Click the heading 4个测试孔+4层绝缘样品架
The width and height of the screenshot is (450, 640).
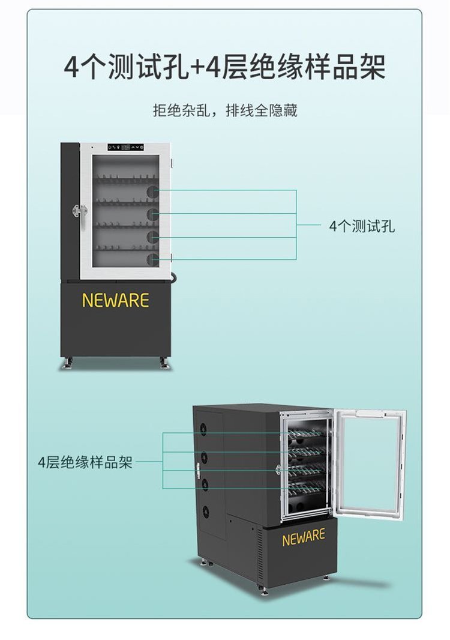tap(224, 67)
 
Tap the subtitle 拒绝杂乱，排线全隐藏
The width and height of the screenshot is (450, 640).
tap(224, 111)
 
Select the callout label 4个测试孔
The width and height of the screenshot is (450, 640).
tap(362, 226)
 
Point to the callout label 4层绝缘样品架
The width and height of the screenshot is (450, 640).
tap(85, 462)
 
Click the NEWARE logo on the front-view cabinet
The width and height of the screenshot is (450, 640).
tap(115, 300)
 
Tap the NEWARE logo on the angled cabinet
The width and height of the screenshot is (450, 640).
tap(304, 537)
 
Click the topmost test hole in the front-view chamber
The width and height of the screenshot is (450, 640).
tap(153, 192)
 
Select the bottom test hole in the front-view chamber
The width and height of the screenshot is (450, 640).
tap(153, 259)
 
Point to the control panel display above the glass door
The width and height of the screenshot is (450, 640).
tap(126, 147)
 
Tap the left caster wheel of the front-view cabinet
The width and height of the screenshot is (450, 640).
tap(68, 363)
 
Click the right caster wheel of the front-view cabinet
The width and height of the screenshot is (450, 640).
tap(163, 363)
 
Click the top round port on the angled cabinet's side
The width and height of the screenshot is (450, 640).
tap(205, 429)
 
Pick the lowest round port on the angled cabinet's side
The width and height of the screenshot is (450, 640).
tap(205, 512)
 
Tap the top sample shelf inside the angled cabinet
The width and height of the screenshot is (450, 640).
tap(307, 433)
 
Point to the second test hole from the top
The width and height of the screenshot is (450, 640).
tap(153, 213)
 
